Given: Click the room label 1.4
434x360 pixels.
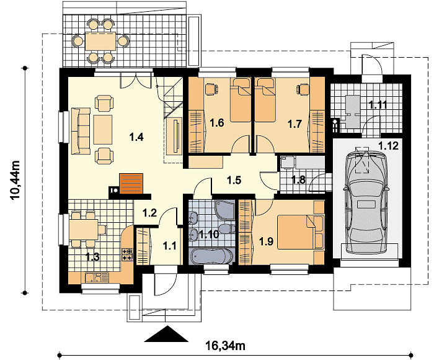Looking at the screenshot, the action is (136, 137).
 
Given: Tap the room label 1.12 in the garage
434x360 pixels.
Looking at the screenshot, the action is (389, 145).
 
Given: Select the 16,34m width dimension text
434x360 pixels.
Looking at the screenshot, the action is (225, 346).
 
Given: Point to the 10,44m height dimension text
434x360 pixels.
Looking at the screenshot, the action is (15, 180).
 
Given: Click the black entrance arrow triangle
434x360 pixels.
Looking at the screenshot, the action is (166, 334).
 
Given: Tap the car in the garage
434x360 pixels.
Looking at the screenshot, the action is (366, 202).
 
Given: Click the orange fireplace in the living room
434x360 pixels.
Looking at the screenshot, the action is (131, 184).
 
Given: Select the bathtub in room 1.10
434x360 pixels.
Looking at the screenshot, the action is (211, 256).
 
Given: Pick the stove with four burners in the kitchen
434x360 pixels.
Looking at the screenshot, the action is (127, 254).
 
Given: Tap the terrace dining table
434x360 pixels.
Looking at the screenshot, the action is (100, 41).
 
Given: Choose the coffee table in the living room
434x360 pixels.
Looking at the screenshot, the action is (103, 130).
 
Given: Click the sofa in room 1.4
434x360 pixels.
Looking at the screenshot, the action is (81, 131).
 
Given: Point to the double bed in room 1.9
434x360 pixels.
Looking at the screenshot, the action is (300, 232).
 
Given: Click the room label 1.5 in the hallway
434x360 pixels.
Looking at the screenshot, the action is (234, 180).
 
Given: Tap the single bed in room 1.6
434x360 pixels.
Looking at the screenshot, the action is (241, 100).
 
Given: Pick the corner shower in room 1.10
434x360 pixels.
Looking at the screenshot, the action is (224, 210).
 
